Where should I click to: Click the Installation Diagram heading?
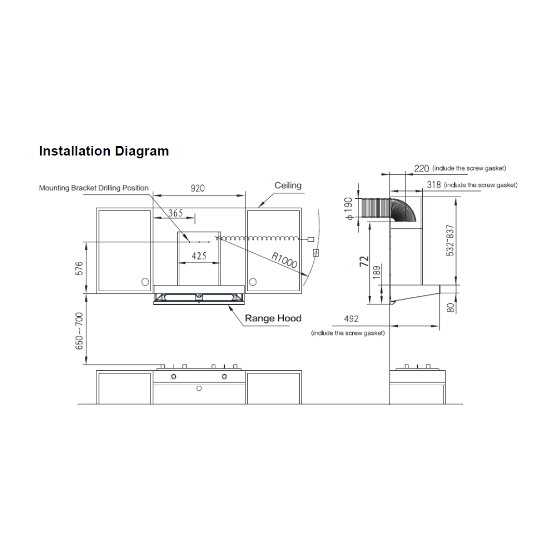point(104,151)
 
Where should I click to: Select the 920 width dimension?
point(198,188)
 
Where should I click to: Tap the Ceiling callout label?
point(288,185)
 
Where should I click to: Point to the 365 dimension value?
point(175,213)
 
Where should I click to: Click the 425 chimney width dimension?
point(199,256)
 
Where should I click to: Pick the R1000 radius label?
point(284,260)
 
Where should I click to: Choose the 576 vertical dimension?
point(79,269)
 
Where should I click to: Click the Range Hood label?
point(273,318)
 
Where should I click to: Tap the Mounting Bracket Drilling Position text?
point(94,188)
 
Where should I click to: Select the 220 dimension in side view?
point(421,168)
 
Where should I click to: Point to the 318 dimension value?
point(434,185)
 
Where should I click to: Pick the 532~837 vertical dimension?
point(450,240)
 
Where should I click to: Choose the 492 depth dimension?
point(351,319)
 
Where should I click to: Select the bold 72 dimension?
point(364,261)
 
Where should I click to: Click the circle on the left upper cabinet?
point(144,282)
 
